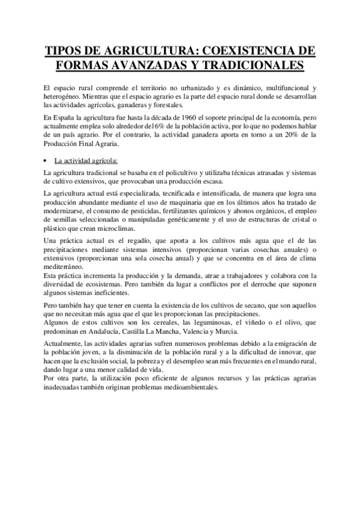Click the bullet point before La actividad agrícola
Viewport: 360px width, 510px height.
pos(47,161)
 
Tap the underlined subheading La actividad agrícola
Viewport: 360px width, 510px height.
pos(86,161)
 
